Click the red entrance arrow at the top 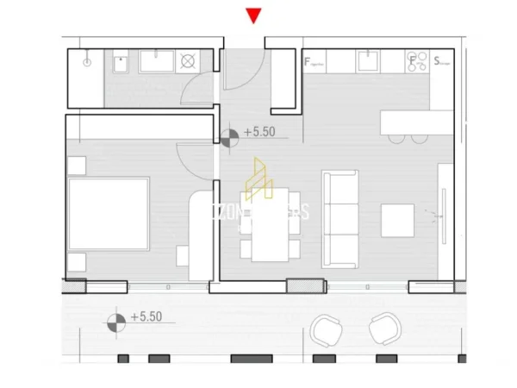(252, 15)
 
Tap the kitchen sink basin (367, 60)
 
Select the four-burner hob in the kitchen (414, 61)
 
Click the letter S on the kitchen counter (438, 61)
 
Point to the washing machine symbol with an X (189, 62)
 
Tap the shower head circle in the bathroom (87, 63)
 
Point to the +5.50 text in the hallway (259, 133)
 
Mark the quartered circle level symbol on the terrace (115, 323)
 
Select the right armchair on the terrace (383, 329)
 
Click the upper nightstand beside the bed (77, 165)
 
